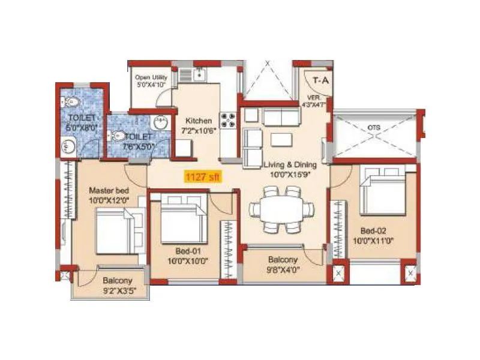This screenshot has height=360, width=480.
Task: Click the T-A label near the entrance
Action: (x=321, y=79)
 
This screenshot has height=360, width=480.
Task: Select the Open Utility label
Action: (x=151, y=77)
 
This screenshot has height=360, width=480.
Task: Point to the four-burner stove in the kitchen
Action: (x=229, y=120)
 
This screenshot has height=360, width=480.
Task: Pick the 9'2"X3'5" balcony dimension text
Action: (x=116, y=290)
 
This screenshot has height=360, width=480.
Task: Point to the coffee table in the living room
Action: (x=282, y=139)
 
